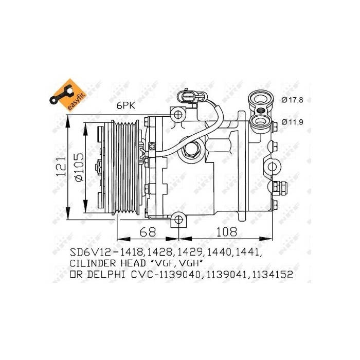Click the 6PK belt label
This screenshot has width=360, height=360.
coord(125,105)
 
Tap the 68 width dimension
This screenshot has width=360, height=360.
coord(148,231)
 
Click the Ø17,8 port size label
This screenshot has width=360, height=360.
coord(293,100)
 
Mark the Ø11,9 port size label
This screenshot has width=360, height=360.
coord(293,122)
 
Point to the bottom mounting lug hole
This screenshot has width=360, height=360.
coord(178,220)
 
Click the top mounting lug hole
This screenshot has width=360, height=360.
coord(178,114)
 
